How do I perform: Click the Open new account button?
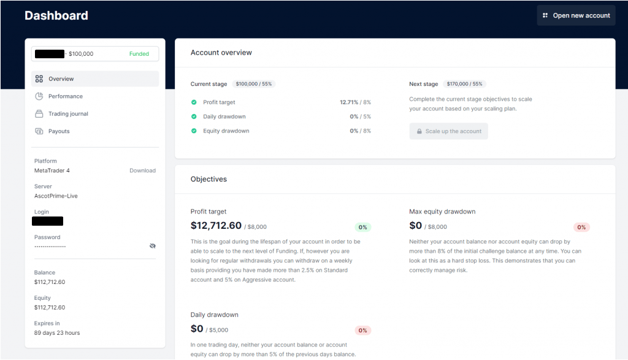[x=576, y=15]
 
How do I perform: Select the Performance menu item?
[x=65, y=96]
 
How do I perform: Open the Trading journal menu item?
[x=68, y=114]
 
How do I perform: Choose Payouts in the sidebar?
[x=59, y=131]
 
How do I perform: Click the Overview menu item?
[x=61, y=79]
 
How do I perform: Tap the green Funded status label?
[x=139, y=54]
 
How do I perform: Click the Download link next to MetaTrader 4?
[x=142, y=170]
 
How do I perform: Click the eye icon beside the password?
[x=153, y=246]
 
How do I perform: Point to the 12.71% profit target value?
[x=348, y=102]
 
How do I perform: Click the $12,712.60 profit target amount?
[x=216, y=226]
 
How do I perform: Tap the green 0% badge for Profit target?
[x=363, y=228]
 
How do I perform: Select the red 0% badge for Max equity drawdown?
[x=581, y=228]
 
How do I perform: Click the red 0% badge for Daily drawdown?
[x=363, y=331]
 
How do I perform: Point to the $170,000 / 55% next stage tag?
[x=465, y=84]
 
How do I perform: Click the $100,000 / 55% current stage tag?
[x=254, y=84]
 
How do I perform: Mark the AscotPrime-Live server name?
[x=56, y=196]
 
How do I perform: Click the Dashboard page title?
[x=56, y=16]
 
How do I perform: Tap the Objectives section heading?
[x=209, y=179]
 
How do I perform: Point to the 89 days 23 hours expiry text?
[x=57, y=333]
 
